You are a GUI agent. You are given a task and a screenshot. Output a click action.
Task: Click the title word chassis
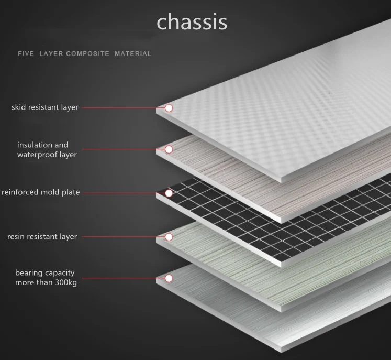click(x=192, y=22)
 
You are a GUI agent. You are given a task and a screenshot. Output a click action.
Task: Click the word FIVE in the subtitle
click(x=26, y=54)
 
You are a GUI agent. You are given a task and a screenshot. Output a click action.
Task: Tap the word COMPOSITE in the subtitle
click(x=87, y=54)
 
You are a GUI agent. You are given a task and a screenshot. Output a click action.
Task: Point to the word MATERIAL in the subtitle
click(x=133, y=54)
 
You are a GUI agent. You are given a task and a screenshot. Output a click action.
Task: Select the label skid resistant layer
click(x=45, y=107)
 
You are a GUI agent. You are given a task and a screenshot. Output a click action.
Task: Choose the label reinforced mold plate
click(x=41, y=192)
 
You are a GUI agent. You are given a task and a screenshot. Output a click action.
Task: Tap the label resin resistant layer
click(x=42, y=237)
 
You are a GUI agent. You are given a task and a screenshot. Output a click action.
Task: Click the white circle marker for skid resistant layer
click(x=169, y=108)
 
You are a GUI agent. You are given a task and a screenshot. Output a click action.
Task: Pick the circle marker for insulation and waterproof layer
click(x=169, y=149)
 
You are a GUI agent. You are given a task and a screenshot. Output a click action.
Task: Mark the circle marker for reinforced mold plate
click(x=169, y=193)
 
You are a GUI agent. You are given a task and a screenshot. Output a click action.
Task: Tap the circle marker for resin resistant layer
click(x=169, y=237)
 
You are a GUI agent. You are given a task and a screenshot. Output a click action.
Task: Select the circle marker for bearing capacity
click(x=169, y=278)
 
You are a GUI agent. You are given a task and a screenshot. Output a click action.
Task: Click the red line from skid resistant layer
click(x=122, y=108)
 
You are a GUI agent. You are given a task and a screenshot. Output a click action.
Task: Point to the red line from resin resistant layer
click(x=122, y=237)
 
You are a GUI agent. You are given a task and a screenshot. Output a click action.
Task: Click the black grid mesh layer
click(x=251, y=215)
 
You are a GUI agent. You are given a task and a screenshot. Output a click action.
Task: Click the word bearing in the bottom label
click(x=29, y=273)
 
